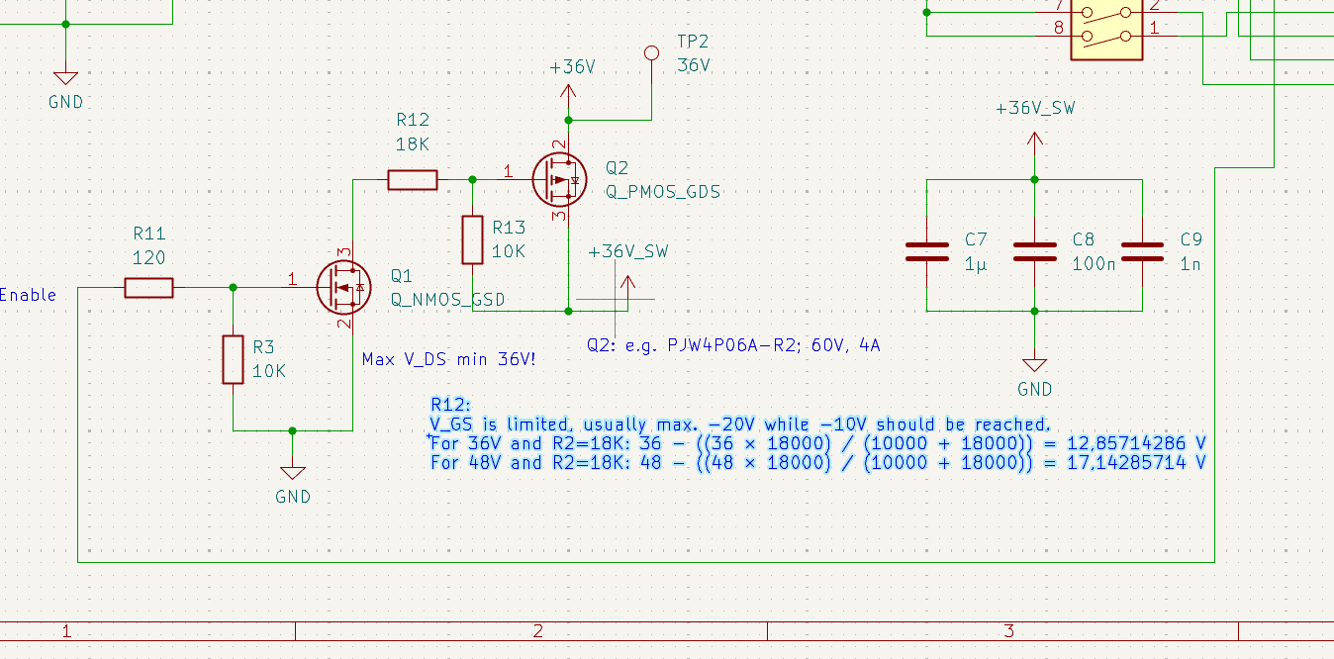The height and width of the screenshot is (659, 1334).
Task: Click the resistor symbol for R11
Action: pyautogui.click(x=148, y=288)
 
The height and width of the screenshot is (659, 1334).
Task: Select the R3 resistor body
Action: pyautogui.click(x=233, y=359)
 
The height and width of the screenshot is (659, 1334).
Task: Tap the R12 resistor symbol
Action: pyautogui.click(x=412, y=179)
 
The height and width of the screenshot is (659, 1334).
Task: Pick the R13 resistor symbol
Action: pyautogui.click(x=472, y=239)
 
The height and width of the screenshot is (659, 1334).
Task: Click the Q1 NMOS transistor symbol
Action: pyautogui.click(x=342, y=287)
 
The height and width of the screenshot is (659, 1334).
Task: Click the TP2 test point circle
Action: pyautogui.click(x=651, y=52)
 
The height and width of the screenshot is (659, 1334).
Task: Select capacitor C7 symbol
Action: pyautogui.click(x=926, y=251)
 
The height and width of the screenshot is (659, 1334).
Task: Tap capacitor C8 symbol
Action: pyautogui.click(x=1035, y=251)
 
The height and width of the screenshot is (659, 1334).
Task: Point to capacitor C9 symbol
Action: pyautogui.click(x=1142, y=251)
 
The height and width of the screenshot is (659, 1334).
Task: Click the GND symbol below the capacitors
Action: pyautogui.click(x=1035, y=366)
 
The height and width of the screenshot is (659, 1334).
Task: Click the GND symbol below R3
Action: pyautogui.click(x=293, y=473)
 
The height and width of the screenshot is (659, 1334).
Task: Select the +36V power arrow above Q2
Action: pyautogui.click(x=568, y=91)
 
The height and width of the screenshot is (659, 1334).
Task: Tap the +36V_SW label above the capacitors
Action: pyautogui.click(x=1035, y=109)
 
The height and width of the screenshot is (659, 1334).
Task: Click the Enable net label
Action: pyautogui.click(x=28, y=295)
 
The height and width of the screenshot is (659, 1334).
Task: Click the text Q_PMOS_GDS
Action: pyautogui.click(x=662, y=192)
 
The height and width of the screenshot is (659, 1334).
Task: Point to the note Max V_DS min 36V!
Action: pyautogui.click(x=449, y=359)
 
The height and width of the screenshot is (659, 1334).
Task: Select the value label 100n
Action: pyautogui.click(x=1093, y=264)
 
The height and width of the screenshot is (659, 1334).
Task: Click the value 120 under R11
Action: pyautogui.click(x=148, y=257)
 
